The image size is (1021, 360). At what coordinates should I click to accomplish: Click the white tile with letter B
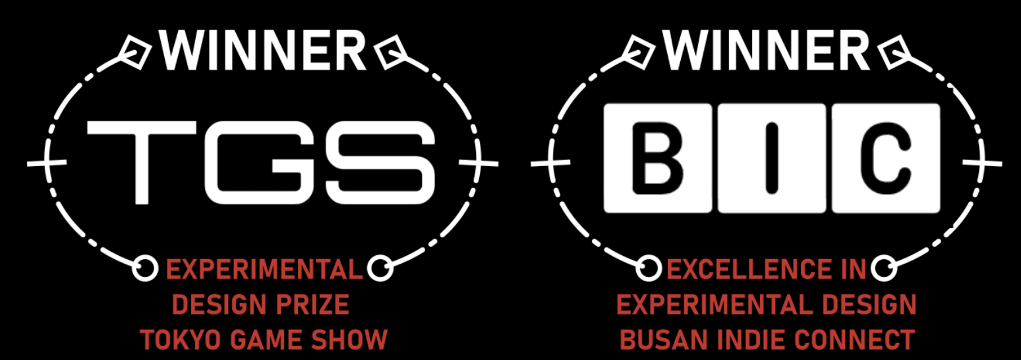tap(658, 158)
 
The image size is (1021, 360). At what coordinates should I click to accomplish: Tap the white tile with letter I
tap(772, 158)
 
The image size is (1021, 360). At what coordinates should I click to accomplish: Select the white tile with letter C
tap(886, 158)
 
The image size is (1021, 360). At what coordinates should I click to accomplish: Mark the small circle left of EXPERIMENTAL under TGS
tap(144, 268)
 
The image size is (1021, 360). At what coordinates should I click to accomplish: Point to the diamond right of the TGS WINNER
tap(390, 51)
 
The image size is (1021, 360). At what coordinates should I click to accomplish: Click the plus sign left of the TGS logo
tap(46, 162)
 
